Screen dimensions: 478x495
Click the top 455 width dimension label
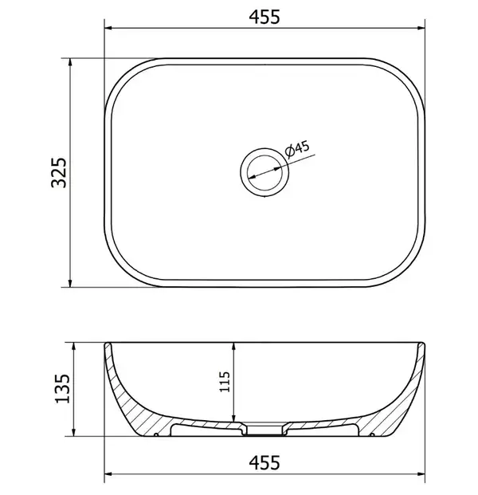264,17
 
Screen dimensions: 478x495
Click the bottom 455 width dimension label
264,463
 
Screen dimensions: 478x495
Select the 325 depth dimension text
59,173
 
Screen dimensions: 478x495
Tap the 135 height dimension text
62,389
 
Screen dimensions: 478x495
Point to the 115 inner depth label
225,382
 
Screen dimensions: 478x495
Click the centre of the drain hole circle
264,172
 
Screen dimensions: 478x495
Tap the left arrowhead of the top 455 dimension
108,28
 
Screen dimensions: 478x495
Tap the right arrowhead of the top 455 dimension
421,28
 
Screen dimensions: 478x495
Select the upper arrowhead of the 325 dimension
70,62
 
